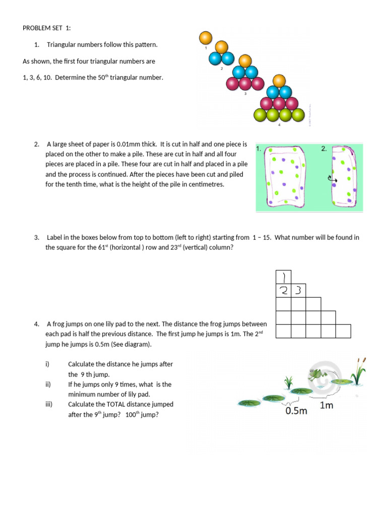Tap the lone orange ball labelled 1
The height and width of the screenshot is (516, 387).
pos(206,38)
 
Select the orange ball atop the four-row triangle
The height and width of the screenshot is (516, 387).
pos(279,81)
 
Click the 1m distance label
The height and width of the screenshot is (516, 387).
pos(327,405)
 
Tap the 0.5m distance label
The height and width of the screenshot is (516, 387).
pos(296,411)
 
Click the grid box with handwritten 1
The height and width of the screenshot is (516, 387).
pos(283,277)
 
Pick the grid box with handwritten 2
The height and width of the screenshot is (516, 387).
pos(283,290)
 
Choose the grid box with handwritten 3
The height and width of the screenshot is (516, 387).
pos(298,290)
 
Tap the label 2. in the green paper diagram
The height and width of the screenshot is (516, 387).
pos(324,149)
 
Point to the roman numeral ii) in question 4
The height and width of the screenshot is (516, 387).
pos(48,384)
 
